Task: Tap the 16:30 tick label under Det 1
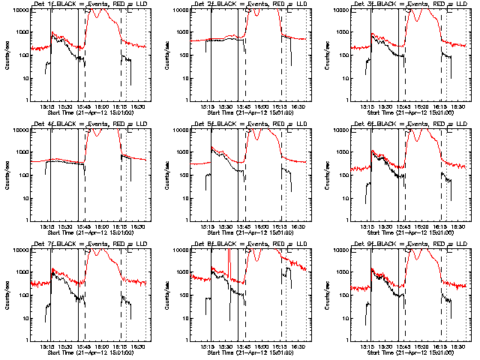(x=138, y=107)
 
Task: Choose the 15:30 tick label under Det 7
(x=65, y=347)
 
